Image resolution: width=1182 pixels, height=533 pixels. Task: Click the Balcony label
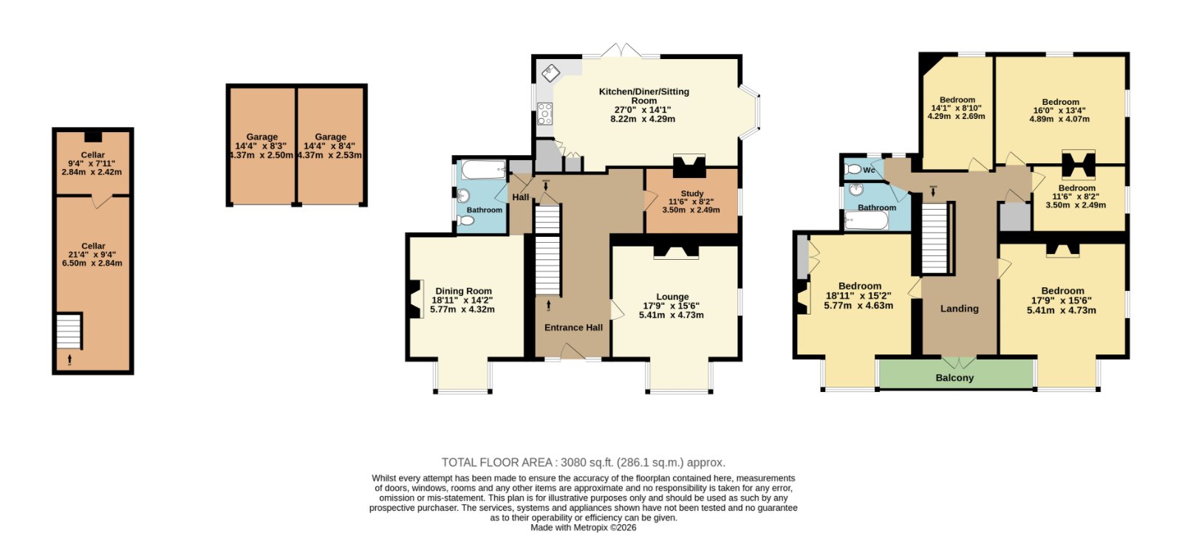coord(954,378)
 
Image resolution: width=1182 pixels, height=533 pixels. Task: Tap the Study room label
coord(691,193)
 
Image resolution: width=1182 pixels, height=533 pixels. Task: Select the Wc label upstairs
coord(869,171)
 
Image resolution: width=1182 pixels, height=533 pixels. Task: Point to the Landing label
coord(960,309)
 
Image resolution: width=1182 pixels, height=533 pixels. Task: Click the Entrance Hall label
coord(573,327)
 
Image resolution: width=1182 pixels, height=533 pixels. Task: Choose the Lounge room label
coord(672,297)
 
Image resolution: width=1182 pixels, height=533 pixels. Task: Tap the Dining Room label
coord(463,291)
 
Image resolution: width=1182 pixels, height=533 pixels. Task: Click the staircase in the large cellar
coord(69,331)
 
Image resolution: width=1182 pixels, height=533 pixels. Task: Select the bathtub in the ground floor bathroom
coord(484,170)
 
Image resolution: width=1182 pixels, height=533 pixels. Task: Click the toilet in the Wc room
coord(853,170)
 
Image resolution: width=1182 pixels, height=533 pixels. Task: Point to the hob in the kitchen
coord(544,114)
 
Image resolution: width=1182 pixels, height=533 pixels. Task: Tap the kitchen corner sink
coord(551,72)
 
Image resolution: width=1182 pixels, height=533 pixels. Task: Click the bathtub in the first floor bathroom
coord(867,221)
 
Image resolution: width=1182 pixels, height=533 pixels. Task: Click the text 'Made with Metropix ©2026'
coord(584,528)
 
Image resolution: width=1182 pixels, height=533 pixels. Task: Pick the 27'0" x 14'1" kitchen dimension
coord(643,110)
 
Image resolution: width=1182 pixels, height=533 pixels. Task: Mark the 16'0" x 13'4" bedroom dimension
coord(1059,111)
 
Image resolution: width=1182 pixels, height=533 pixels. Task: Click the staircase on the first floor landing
coord(935,238)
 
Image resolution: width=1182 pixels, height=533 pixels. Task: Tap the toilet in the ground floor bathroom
coord(465,220)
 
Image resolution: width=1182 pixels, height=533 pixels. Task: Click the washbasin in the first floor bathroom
coord(856,190)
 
